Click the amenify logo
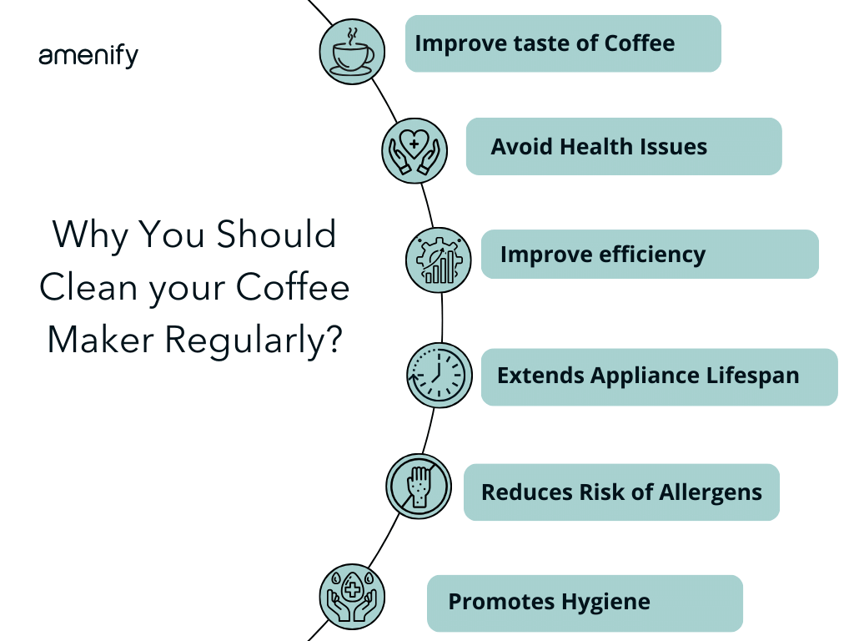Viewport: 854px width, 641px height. [88, 56]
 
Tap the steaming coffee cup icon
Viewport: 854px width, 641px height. [352, 51]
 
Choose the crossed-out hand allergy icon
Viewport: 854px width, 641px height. [418, 487]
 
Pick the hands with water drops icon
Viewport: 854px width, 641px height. [351, 596]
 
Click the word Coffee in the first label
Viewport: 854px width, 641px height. [640, 43]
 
